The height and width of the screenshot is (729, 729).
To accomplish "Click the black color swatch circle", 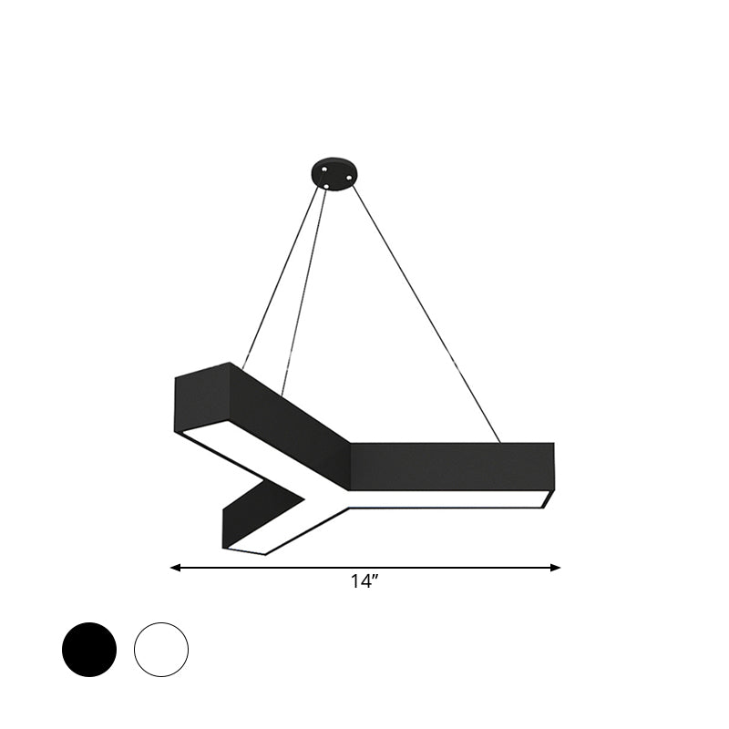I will [89, 649].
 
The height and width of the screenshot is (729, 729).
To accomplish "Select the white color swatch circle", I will [161, 649].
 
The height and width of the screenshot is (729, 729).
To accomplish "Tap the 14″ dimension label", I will [364, 584].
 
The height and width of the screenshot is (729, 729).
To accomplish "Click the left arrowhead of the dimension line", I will [175, 568].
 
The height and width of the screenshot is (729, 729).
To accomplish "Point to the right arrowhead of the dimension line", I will [556, 568].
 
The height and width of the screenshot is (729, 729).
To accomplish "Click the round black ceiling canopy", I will [333, 174].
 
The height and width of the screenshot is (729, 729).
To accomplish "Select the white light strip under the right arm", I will [447, 499].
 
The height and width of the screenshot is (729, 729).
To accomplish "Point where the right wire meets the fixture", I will [500, 443].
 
